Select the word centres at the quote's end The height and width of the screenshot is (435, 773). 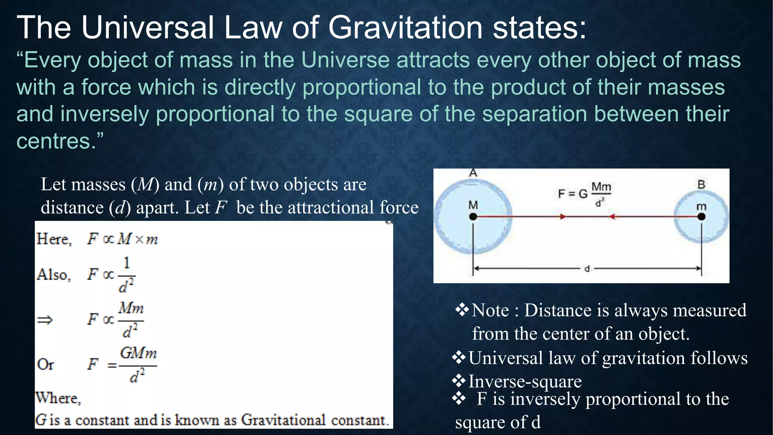point(53,141)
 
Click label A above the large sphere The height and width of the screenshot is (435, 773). point(473,173)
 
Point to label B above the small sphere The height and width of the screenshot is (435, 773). point(701,185)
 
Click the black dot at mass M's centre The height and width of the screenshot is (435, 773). point(473,217)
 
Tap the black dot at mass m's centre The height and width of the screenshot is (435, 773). point(701,216)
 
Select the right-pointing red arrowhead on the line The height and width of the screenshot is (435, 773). point(563,217)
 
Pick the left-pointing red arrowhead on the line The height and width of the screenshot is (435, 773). point(612,217)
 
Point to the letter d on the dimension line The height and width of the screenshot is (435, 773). point(587,269)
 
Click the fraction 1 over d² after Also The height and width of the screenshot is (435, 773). point(126,275)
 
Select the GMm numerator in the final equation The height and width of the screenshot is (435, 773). point(138,353)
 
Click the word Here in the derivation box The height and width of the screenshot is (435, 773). point(53,239)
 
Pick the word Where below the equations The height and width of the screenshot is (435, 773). point(57,398)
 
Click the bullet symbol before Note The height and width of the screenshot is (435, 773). point(462,310)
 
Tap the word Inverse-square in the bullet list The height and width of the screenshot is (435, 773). point(525,381)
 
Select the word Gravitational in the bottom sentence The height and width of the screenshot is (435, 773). point(283,420)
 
